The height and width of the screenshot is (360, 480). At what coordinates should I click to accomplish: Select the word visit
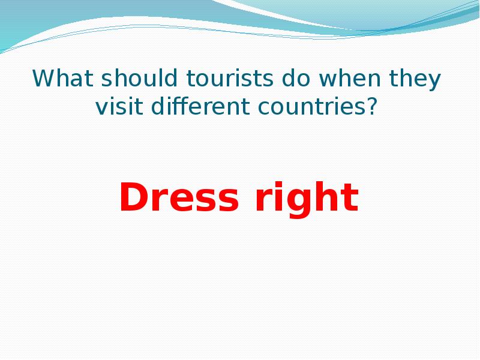tap(118, 107)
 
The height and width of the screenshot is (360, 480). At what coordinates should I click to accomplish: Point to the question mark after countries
tap(372, 107)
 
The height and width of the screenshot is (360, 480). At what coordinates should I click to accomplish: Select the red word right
tap(307, 199)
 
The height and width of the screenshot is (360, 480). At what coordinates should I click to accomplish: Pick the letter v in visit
tap(101, 109)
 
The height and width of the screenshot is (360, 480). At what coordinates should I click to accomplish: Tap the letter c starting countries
tap(265, 109)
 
